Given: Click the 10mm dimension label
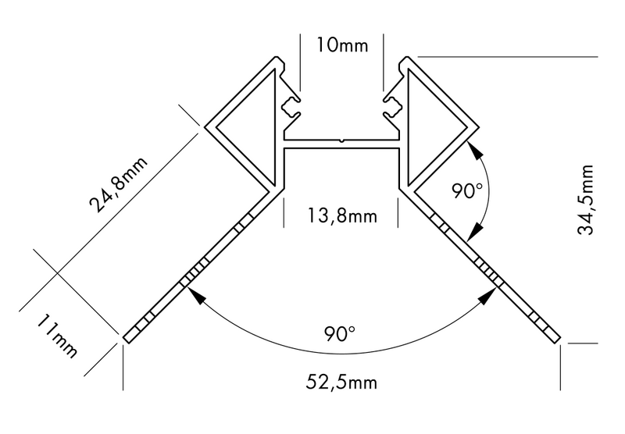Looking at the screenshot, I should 341,44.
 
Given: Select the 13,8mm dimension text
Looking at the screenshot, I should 341,215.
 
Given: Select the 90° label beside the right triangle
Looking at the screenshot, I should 468,190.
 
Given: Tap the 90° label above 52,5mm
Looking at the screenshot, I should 341,333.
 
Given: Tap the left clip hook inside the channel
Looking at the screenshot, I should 291,105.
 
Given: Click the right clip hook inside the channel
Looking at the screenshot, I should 392,105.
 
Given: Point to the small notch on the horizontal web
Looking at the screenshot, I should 341,141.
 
